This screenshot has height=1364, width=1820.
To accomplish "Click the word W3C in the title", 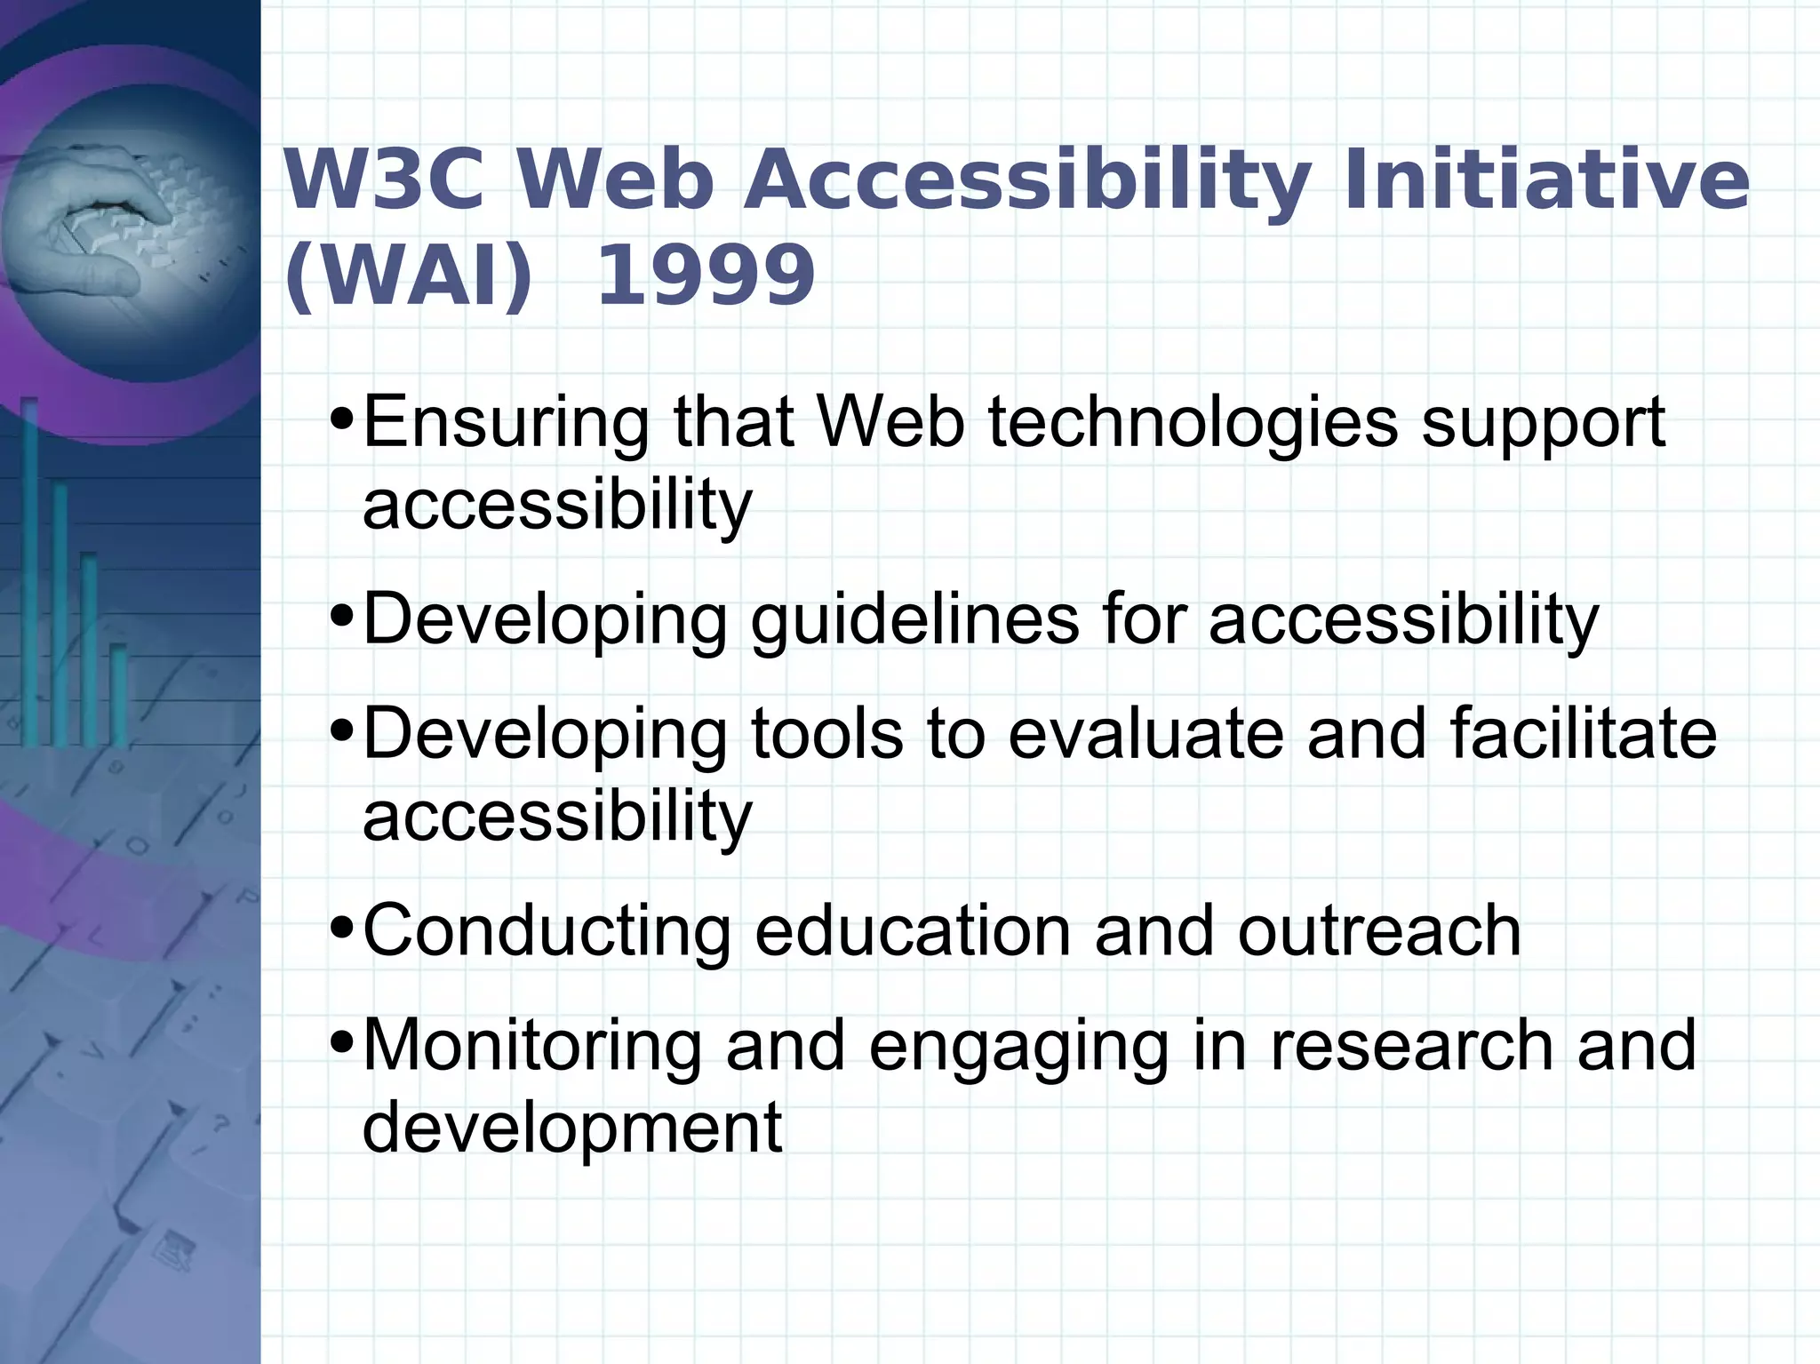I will coord(384,180).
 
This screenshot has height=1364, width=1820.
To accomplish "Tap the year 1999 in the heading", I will coord(705,275).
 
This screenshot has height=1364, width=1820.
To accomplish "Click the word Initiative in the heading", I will coord(1545,180).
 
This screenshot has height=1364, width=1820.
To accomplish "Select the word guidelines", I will coord(915,620).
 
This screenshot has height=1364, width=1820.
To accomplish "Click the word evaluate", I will coord(1145,733).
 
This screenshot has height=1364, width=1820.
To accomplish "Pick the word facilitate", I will coord(1583,733).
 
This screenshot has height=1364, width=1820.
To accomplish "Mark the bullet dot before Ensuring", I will coord(341,418).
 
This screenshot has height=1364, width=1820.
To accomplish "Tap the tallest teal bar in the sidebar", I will coord(29,569).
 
